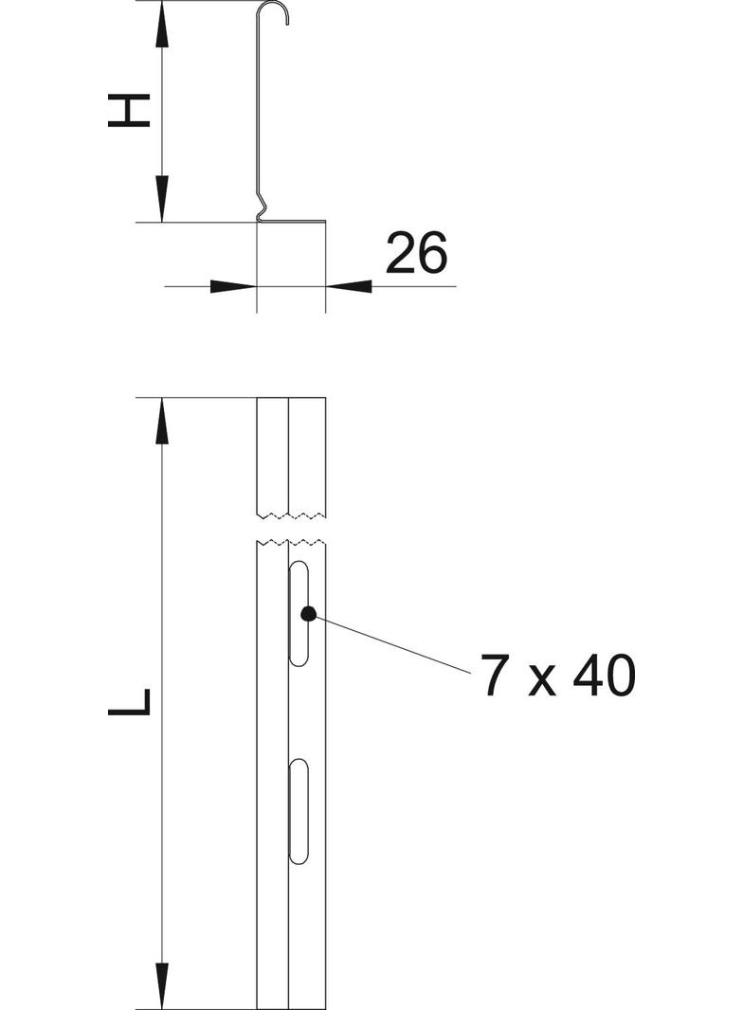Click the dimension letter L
coord(130,702)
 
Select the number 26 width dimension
coord(415,254)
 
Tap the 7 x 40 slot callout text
coord(557,676)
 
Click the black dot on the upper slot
coord(307,613)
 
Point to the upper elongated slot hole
coord(299,614)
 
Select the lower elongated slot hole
coord(299,811)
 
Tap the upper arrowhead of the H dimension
coord(162,24)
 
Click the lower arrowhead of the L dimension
coord(162,985)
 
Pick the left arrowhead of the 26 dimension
coord(233,284)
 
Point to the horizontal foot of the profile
coord(294,223)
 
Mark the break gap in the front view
coord(292,529)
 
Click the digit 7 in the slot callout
coord(494,676)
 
